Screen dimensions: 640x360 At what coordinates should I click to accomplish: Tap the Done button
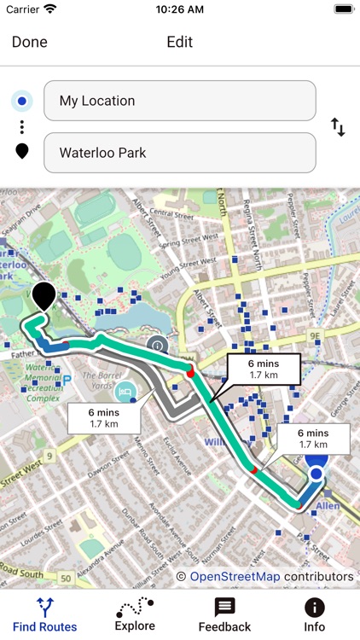tap(30, 42)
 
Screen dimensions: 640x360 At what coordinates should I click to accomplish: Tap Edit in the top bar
tap(179, 42)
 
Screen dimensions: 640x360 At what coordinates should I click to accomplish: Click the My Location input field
tap(179, 101)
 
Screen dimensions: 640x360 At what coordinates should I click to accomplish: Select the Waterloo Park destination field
tap(179, 153)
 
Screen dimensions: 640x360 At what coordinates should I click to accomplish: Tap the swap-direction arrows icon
tap(338, 128)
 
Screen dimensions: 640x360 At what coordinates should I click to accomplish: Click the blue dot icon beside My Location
tap(22, 102)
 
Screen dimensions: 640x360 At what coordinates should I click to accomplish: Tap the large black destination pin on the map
tap(44, 296)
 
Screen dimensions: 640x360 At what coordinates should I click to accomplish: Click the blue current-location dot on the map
tap(316, 473)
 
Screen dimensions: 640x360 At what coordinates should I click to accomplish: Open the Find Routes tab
tap(44, 614)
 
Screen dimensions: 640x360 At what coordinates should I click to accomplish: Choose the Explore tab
tap(135, 614)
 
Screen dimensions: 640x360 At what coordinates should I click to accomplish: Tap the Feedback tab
tap(224, 614)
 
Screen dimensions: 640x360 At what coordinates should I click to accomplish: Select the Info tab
tap(314, 614)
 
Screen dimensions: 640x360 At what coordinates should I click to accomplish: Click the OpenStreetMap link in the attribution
tap(235, 577)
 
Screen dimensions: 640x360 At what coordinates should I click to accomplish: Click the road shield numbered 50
tap(66, 578)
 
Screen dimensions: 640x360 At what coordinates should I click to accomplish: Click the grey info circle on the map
tap(156, 345)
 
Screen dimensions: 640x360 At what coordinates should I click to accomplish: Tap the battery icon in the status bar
tap(344, 9)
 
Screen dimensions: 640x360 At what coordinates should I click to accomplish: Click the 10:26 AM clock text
tap(179, 9)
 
